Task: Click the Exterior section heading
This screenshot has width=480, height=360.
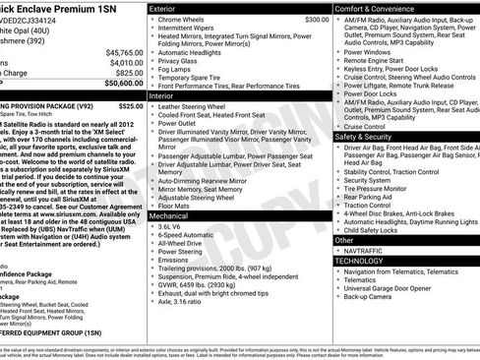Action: point(168,7)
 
